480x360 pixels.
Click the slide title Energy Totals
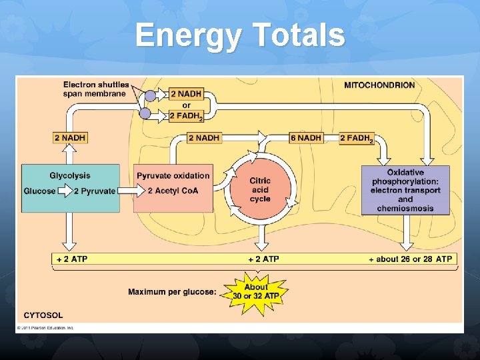(240, 35)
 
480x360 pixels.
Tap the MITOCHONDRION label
(379, 85)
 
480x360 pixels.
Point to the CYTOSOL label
(43, 315)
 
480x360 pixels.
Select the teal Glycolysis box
(70, 189)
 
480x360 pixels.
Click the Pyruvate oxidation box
(173, 189)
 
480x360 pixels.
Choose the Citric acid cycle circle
(259, 190)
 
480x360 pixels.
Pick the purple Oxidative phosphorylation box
(405, 190)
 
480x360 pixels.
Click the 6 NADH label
(306, 138)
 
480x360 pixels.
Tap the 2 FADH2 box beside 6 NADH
(357, 138)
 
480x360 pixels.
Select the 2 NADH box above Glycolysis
(70, 138)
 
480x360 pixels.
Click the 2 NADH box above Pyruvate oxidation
(203, 138)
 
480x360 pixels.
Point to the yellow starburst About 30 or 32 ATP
(256, 291)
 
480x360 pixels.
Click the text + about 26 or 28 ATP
(410, 259)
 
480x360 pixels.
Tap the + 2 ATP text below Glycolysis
(71, 259)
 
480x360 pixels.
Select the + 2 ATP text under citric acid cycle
(263, 259)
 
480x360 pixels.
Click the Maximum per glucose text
(172, 292)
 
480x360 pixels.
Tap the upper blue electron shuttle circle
(151, 95)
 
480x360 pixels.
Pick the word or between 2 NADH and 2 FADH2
(186, 105)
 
